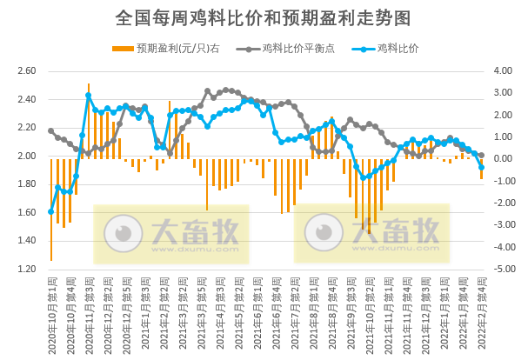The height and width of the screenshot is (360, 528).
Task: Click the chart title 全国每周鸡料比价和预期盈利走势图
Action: pos(263,17)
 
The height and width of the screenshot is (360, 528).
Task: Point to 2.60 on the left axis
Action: pos(27,70)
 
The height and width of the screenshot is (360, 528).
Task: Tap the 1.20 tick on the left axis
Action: pos(27,270)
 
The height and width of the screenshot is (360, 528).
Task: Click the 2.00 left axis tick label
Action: pos(27,156)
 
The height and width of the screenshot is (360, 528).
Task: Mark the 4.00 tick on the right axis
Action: pos(504,70)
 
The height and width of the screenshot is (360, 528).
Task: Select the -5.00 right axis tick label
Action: pos(504,270)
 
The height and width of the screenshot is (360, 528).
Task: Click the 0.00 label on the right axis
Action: pos(504,159)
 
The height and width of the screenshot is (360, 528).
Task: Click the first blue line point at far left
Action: pos(51,211)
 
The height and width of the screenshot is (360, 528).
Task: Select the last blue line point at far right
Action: pos(481,167)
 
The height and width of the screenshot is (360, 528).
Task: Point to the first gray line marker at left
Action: pos(51,130)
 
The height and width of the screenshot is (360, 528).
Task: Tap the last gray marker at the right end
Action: pos(481,156)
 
